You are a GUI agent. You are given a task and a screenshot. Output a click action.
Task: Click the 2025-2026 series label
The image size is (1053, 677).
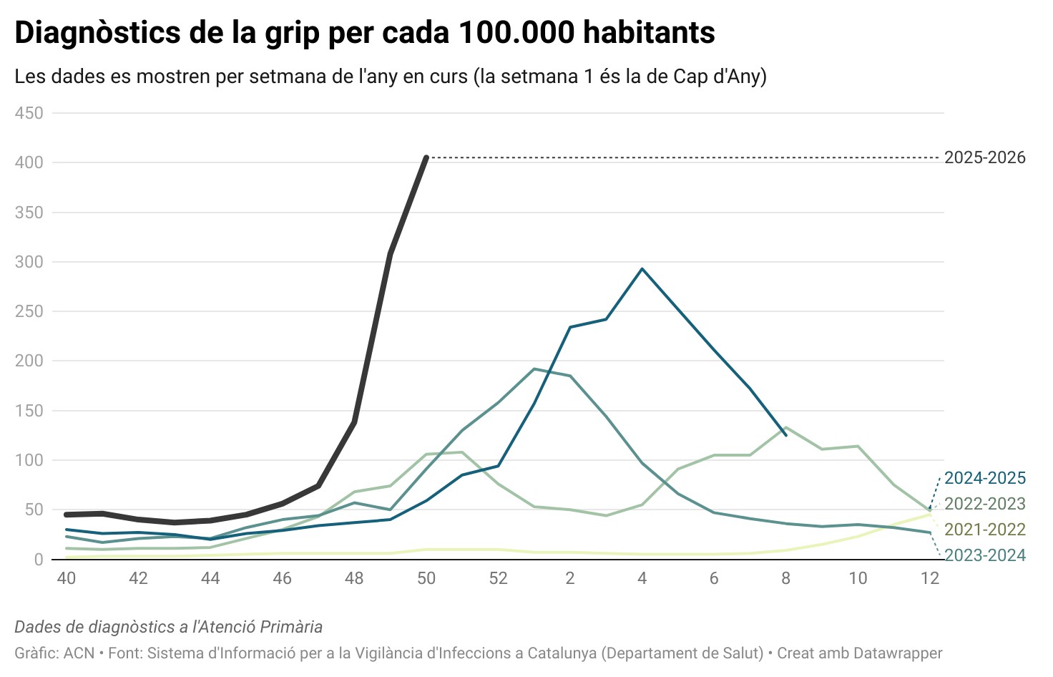pyautogui.click(x=984, y=157)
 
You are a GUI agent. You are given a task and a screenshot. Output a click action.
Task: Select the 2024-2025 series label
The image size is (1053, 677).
pyautogui.click(x=984, y=478)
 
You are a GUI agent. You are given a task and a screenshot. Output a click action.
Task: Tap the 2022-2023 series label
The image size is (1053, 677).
pyautogui.click(x=984, y=504)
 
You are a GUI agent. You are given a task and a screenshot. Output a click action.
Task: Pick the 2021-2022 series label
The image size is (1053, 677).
pyautogui.click(x=984, y=530)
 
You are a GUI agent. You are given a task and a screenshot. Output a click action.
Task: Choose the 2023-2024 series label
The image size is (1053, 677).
pyautogui.click(x=984, y=555)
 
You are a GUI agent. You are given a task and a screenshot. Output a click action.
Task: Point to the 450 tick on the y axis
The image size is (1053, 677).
pyautogui.click(x=29, y=113)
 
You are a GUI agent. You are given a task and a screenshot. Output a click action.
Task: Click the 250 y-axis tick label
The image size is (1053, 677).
pyautogui.click(x=29, y=311)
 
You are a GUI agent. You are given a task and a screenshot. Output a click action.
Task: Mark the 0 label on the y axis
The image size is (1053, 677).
pyautogui.click(x=39, y=560)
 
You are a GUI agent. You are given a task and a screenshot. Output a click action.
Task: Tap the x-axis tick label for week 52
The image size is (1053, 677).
pyautogui.click(x=498, y=578)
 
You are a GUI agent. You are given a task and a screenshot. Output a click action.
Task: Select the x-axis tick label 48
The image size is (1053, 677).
pyautogui.click(x=354, y=578)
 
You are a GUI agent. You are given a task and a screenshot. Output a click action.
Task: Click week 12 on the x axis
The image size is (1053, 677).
pyautogui.click(x=929, y=578)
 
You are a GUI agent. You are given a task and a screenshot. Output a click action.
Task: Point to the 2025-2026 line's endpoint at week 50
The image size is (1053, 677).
pyautogui.click(x=426, y=157)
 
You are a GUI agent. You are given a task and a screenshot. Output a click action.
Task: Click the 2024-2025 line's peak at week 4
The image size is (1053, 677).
pyautogui.click(x=642, y=269)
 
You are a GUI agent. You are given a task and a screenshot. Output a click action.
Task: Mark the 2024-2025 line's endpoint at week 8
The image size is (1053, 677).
pyautogui.click(x=785, y=434)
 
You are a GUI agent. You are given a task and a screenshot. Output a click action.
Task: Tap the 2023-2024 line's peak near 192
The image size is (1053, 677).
pyautogui.click(x=534, y=369)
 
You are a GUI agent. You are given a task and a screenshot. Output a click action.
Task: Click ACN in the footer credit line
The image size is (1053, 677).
pyautogui.click(x=79, y=653)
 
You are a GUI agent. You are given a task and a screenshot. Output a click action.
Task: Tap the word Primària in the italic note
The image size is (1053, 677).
pyautogui.click(x=291, y=627)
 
